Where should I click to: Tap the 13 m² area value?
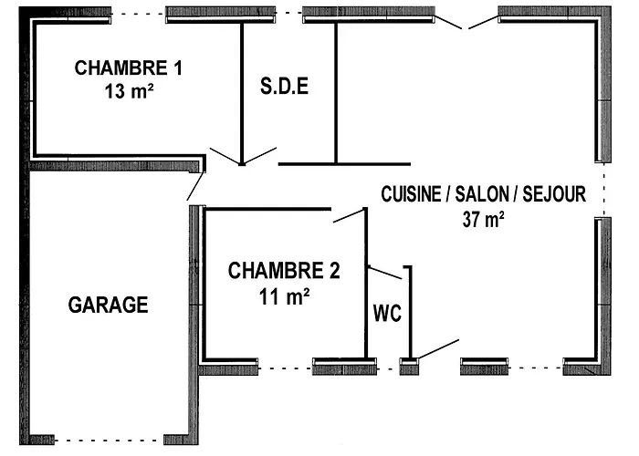[129, 91]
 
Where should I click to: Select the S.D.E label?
[284, 88]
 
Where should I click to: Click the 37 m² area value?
[484, 219]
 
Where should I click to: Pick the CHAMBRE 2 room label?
[284, 271]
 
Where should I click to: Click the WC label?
[385, 311]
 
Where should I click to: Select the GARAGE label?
[109, 305]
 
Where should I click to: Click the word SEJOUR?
[552, 194]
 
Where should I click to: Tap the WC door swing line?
[384, 272]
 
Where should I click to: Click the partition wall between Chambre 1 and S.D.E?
[242, 91]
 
